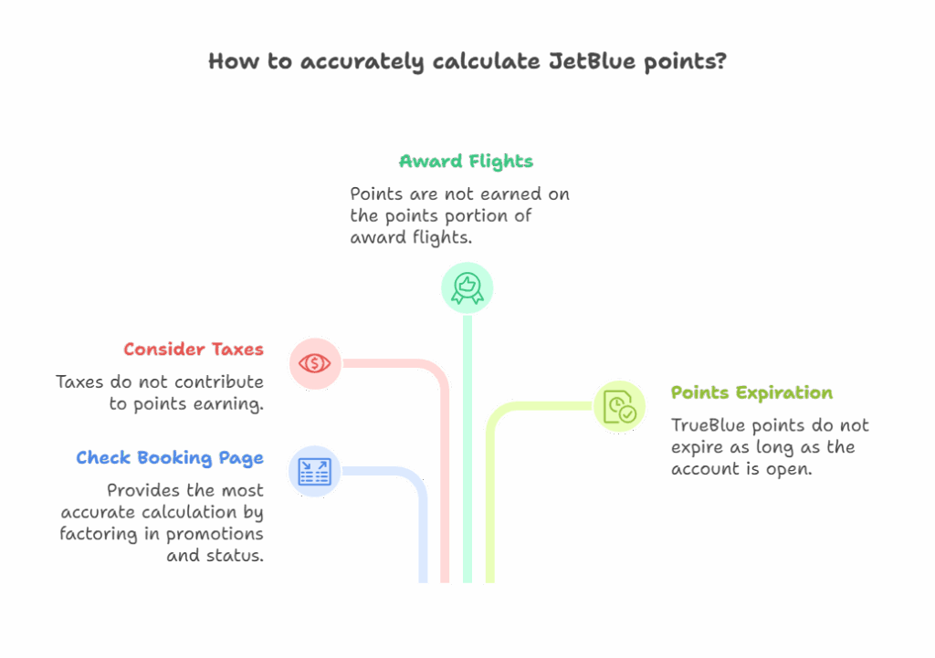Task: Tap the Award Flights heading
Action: click(467, 162)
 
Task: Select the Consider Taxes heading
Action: click(194, 350)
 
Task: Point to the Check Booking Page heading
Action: click(169, 458)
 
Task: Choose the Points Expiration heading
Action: click(751, 392)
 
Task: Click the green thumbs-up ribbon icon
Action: click(467, 288)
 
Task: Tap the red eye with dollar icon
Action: click(314, 363)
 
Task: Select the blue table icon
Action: click(314, 472)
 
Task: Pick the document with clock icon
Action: click(620, 407)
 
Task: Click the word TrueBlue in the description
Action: click(709, 425)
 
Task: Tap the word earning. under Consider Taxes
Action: click(227, 404)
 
